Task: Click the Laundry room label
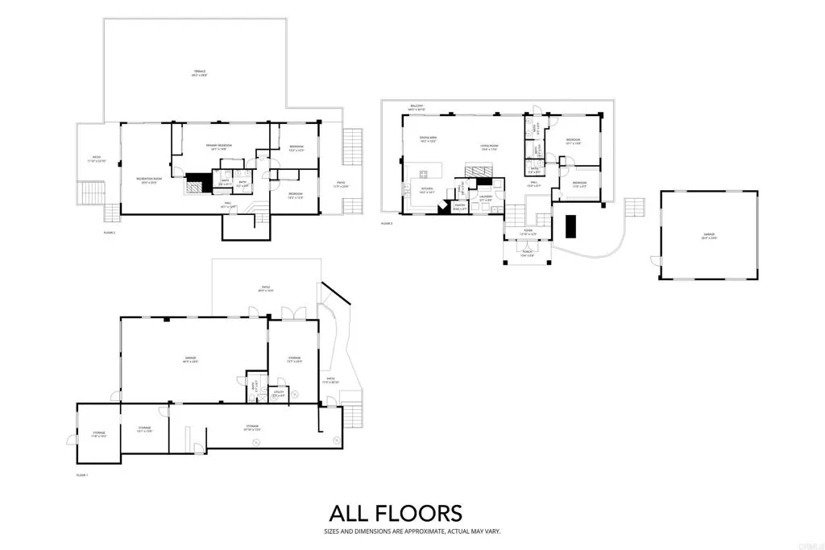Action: (x=486, y=198)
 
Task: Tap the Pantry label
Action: (x=460, y=208)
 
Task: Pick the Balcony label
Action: (x=417, y=106)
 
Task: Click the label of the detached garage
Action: (x=708, y=236)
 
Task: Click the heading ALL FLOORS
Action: (x=395, y=513)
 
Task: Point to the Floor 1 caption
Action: (x=81, y=475)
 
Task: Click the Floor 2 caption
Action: (x=110, y=231)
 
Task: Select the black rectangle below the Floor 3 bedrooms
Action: (x=570, y=227)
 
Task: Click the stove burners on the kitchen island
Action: (x=423, y=172)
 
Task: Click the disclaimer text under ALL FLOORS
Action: (x=395, y=531)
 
